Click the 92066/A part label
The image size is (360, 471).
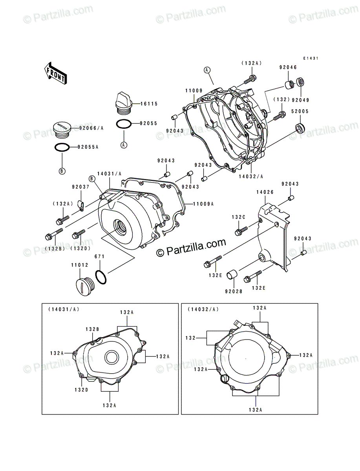[91, 128]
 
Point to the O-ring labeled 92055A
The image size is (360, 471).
[62, 148]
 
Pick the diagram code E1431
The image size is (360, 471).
[310, 58]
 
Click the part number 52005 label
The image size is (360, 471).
[300, 111]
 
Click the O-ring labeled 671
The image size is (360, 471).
[101, 277]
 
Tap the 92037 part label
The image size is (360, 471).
[80, 187]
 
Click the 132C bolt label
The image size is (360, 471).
[238, 217]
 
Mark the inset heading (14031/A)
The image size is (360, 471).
[64, 309]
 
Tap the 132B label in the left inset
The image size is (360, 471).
[92, 329]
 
